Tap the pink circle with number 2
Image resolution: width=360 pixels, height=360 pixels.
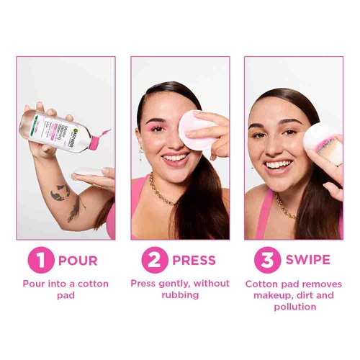pyautogui.click(x=154, y=259)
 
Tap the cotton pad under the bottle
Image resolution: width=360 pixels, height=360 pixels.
pyautogui.click(x=88, y=171)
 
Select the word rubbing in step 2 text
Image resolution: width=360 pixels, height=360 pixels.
pyautogui.click(x=179, y=294)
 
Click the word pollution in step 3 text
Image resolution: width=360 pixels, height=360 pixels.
pyautogui.click(x=294, y=306)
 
